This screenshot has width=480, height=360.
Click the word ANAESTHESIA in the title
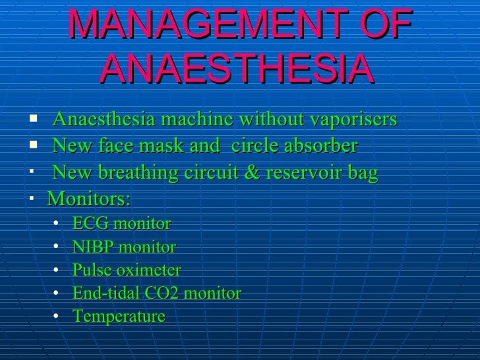point(239,69)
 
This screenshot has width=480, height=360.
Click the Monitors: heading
point(89,198)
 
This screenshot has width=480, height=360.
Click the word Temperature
point(119,316)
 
